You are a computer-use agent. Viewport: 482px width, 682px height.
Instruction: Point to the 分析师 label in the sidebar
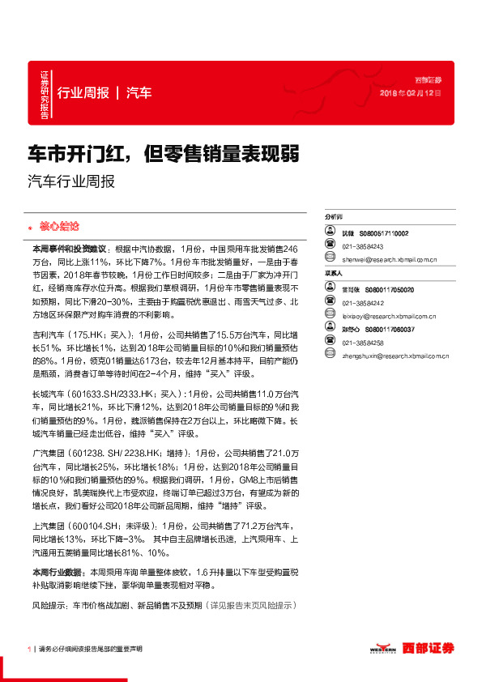tap(334, 218)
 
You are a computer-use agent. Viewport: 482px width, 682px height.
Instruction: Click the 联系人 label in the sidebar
tap(334, 275)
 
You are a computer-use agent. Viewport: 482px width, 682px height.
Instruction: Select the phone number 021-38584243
tap(362, 246)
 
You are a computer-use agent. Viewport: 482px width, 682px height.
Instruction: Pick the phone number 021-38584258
tap(362, 343)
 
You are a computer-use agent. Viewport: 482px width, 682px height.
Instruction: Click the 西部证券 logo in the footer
tap(430, 649)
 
